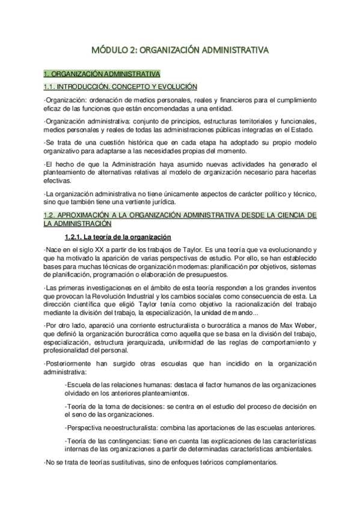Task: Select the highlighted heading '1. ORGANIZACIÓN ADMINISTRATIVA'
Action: [102, 74]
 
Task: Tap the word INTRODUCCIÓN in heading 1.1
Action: [88, 87]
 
